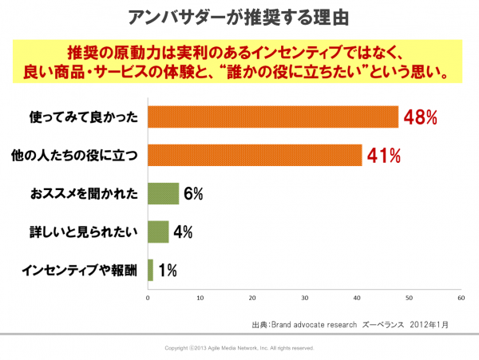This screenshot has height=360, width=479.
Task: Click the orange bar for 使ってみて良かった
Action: click(x=273, y=117)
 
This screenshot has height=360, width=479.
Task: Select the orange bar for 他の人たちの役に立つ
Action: click(x=255, y=156)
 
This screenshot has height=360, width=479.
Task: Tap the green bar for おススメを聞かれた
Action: click(x=163, y=194)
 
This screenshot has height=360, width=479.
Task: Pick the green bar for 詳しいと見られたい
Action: click(x=158, y=232)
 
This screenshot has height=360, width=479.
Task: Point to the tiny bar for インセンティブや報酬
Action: click(x=150, y=271)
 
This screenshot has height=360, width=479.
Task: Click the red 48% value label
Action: click(x=420, y=117)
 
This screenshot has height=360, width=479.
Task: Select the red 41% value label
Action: click(x=383, y=156)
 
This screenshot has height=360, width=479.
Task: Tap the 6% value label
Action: click(x=193, y=194)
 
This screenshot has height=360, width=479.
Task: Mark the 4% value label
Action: click(x=183, y=232)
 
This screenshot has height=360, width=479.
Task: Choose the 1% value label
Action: click(x=167, y=271)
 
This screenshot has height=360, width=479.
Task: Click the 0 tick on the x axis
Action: click(x=148, y=298)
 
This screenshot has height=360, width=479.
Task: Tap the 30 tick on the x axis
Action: click(x=304, y=298)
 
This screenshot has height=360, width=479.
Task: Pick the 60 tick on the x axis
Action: click(x=461, y=298)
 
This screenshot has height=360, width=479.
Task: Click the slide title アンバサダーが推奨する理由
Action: click(x=239, y=16)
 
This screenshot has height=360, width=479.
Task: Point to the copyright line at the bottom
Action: click(x=239, y=349)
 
